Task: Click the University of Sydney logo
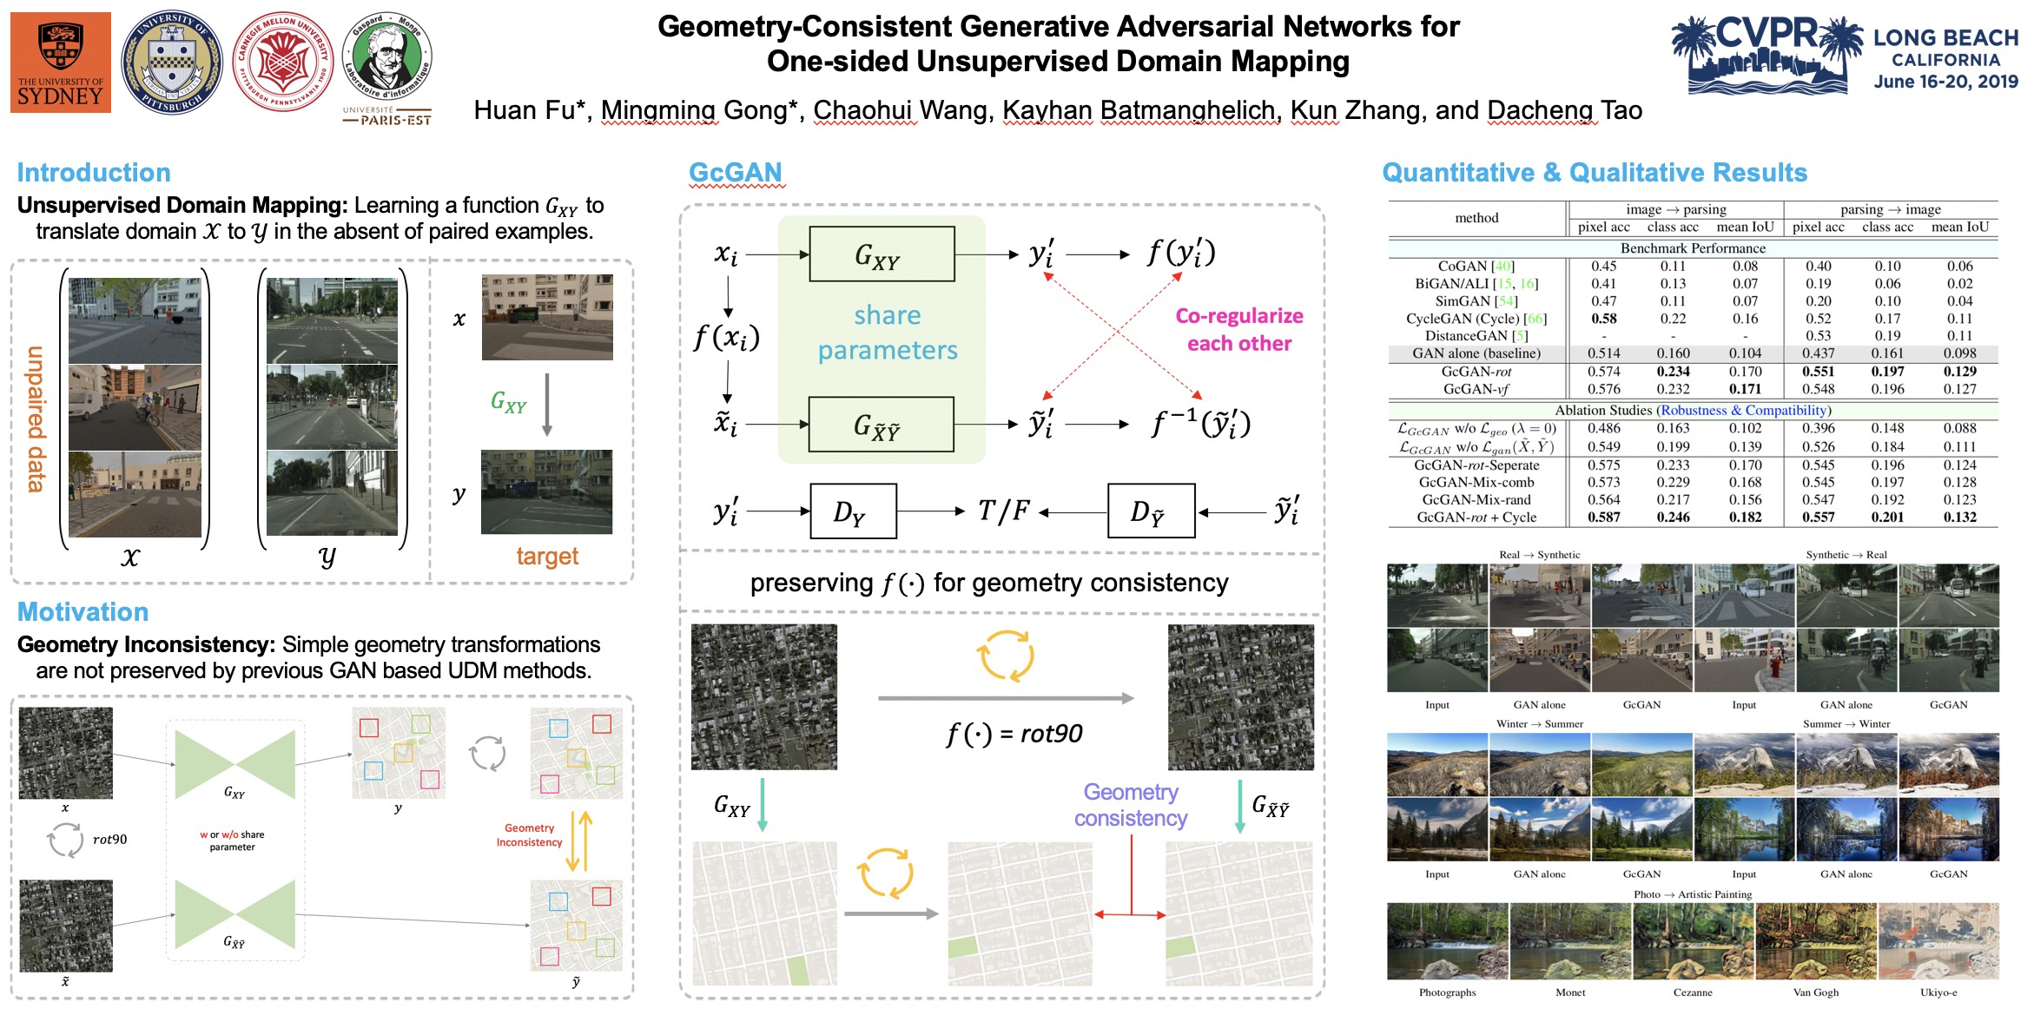[x=61, y=63]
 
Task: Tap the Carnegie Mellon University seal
[x=282, y=63]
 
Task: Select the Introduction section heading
[x=94, y=173]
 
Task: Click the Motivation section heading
[x=83, y=612]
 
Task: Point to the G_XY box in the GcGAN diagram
[x=881, y=254]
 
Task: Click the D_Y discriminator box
[x=852, y=512]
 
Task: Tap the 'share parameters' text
[x=887, y=333]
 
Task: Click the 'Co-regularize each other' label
[x=1239, y=329]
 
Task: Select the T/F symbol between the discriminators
[x=1002, y=511]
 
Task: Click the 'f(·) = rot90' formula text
[x=1014, y=735]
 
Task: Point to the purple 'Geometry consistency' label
[x=1130, y=805]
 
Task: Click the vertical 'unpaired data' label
[x=36, y=419]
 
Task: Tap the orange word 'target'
[x=547, y=557]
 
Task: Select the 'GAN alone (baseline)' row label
[x=1476, y=353]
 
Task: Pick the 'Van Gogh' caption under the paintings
[x=1815, y=993]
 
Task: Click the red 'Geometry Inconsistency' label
[x=529, y=835]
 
